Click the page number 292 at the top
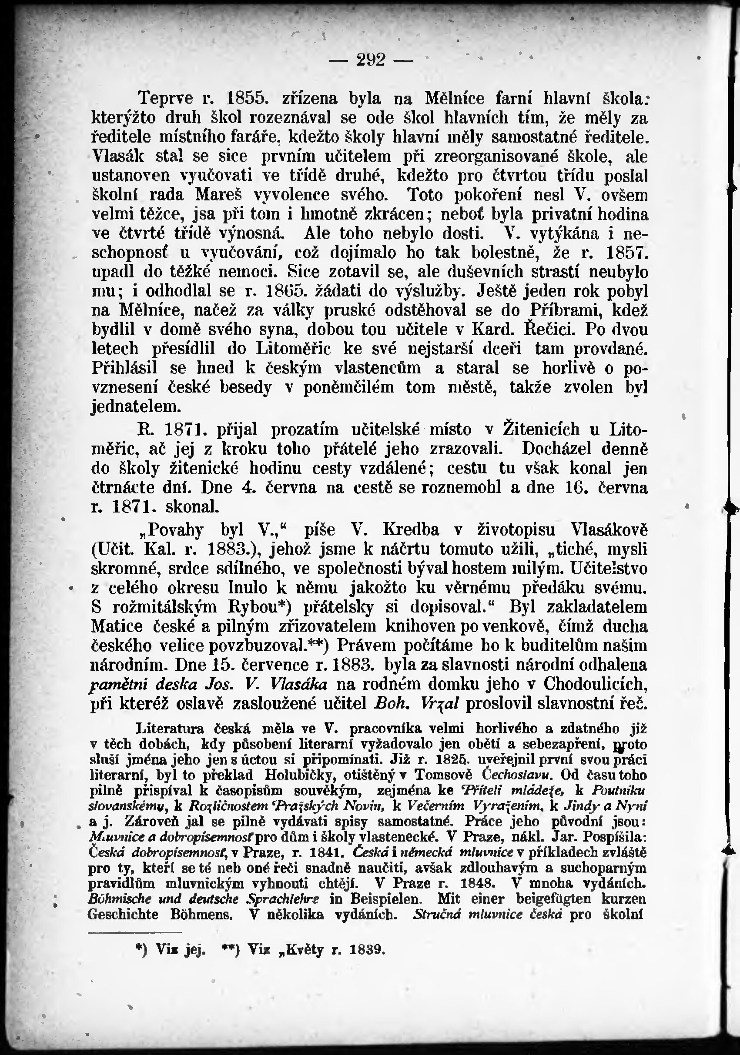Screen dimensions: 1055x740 370,60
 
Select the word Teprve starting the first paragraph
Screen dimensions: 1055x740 167,98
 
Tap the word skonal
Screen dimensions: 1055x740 192,506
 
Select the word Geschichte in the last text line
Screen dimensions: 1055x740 123,915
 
